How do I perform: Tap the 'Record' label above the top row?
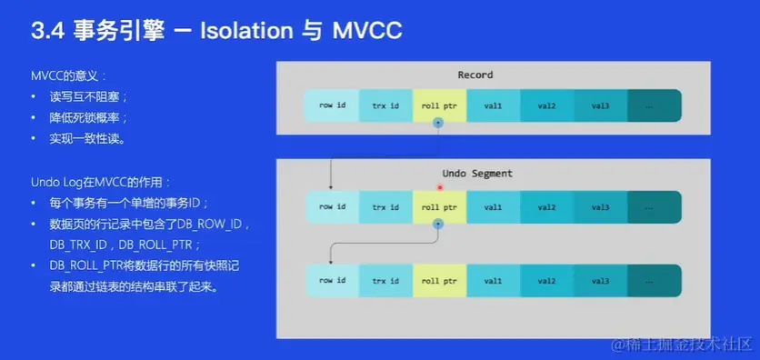475,75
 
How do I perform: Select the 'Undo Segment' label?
477,173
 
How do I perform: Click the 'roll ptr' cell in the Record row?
440,105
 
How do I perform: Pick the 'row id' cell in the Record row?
332,105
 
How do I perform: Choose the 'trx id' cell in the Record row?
385,105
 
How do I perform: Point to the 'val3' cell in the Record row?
601,105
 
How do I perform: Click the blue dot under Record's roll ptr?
438,123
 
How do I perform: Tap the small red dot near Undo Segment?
440,187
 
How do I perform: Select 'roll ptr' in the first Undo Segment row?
440,207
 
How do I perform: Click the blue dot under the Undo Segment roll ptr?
438,224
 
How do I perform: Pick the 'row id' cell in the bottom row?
332,281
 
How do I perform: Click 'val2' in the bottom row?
547,281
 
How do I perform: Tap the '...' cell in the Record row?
655,105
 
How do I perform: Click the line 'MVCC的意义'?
68,76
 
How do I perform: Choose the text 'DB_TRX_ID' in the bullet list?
78,245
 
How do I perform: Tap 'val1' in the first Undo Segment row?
494,207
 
